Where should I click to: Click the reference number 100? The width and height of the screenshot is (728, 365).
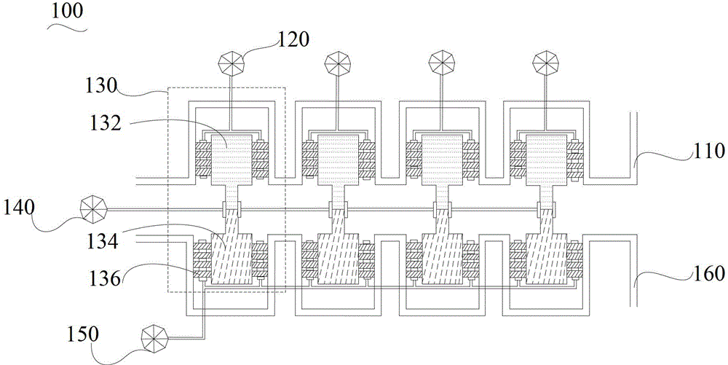tap(66, 12)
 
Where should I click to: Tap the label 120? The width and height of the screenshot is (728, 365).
tap(293, 39)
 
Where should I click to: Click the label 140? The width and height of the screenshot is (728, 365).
tap(19, 207)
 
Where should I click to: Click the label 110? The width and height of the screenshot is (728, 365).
tap(709, 151)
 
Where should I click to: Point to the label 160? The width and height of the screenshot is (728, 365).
tap(709, 273)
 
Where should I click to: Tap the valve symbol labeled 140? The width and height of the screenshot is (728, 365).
tap(93, 209)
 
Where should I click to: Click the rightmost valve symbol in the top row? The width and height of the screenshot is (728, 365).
tap(545, 63)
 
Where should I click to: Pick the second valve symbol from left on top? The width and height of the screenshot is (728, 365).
tap(338, 63)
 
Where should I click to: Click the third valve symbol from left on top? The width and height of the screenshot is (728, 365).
tap(441, 63)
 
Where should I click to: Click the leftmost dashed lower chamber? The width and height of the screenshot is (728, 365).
tap(232, 259)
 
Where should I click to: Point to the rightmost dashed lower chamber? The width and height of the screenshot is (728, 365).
tap(546, 259)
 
